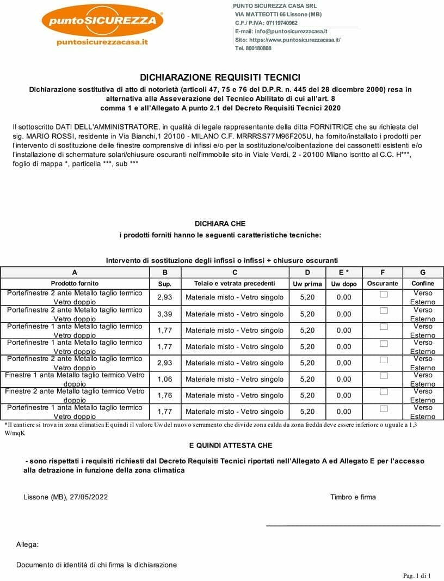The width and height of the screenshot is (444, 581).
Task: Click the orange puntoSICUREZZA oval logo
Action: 102,21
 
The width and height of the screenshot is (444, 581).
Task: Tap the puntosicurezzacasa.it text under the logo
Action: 102,42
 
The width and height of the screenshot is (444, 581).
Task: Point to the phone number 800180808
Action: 259,48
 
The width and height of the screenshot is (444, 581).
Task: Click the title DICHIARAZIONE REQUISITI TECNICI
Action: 220,78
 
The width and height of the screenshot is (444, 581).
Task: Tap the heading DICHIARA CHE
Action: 220,224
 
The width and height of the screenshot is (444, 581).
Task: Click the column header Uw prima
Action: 307,284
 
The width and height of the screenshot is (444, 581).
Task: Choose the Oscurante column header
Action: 383,283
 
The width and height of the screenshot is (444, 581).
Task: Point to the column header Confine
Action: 423,283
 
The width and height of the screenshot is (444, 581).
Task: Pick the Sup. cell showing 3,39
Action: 165,314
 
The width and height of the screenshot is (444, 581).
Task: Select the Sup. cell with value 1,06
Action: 165,379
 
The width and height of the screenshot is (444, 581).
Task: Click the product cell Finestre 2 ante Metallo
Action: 75,395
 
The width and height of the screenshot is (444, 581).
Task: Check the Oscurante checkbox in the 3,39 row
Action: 384,311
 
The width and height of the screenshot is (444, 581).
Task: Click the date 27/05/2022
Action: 89,497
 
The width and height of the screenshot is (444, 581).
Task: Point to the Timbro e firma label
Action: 353,497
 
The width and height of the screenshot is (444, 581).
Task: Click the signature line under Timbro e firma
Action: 353,525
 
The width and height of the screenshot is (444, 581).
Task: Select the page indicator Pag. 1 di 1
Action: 416,576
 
